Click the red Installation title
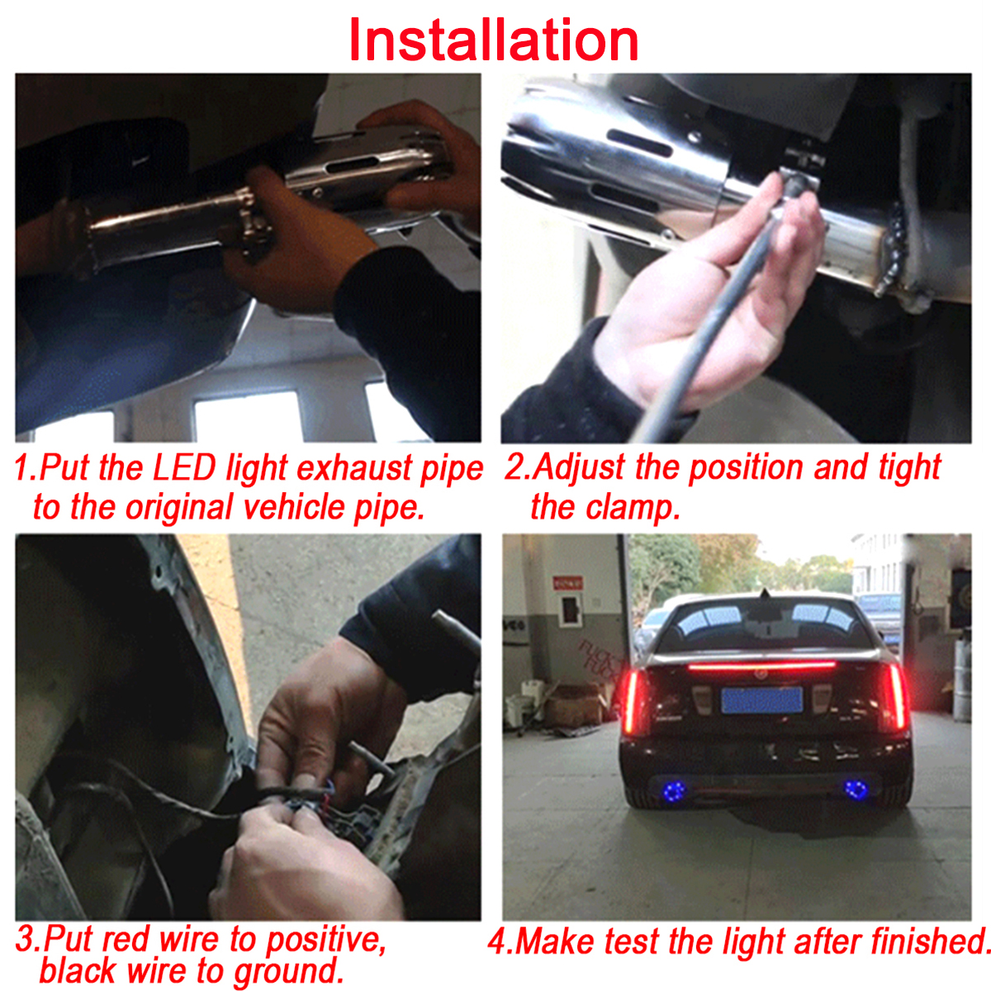494,40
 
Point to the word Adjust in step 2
578,468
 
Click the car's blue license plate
761,699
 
